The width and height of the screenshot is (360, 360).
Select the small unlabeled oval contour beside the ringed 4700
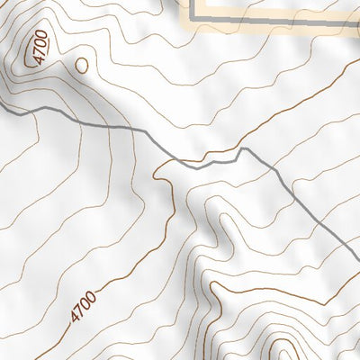point(82,65)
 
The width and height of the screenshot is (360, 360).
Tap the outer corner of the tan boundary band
point(187,25)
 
